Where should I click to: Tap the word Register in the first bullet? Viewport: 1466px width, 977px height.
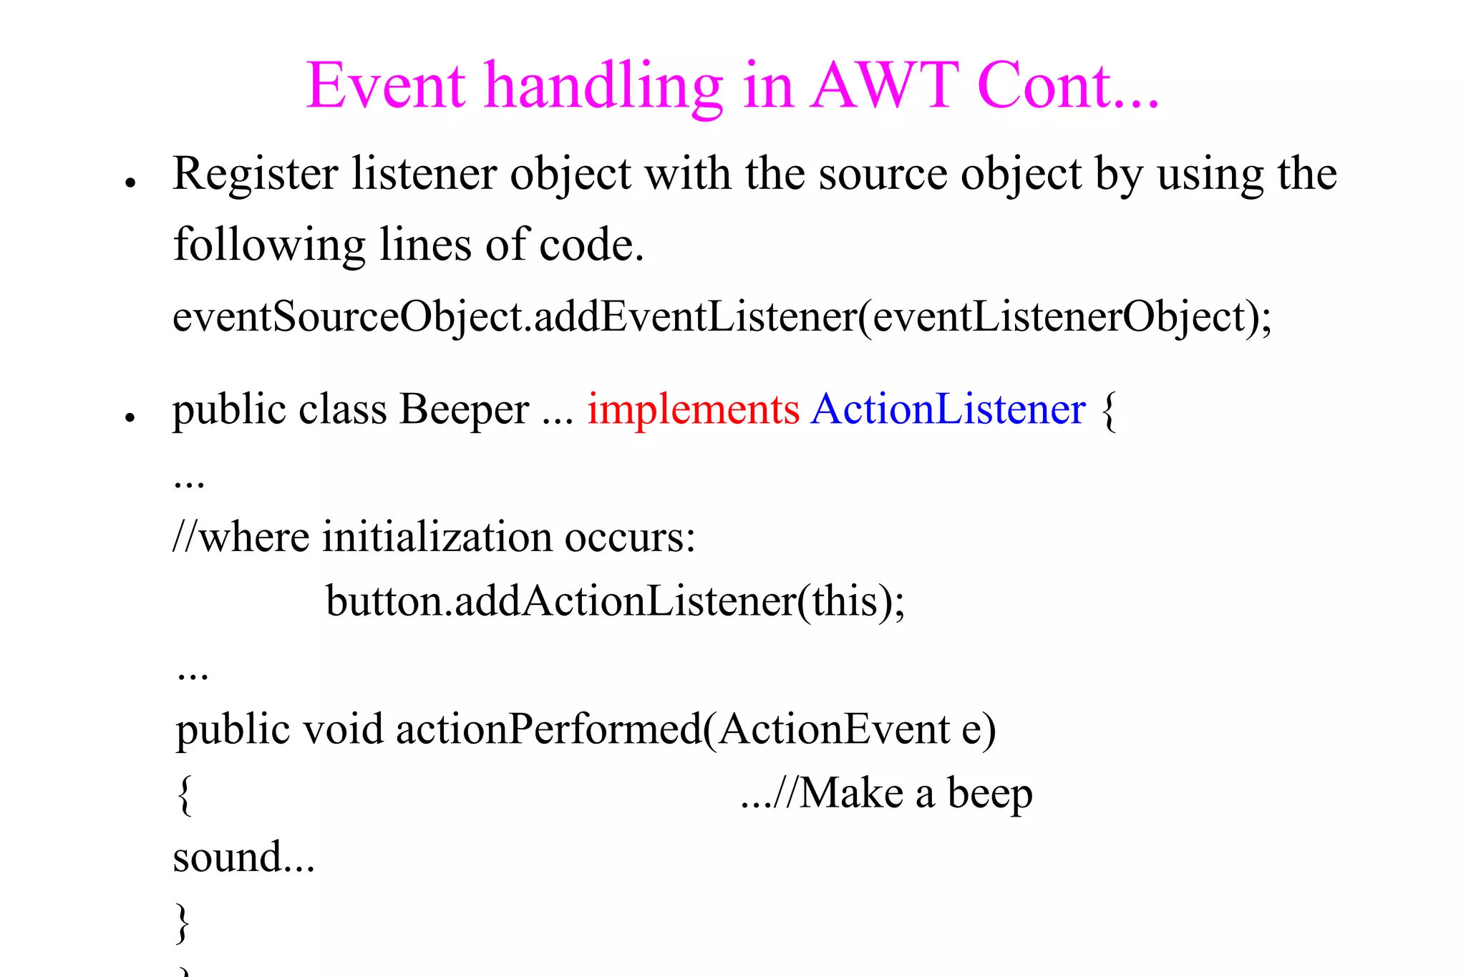[x=256, y=175]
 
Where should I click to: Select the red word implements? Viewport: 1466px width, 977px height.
[x=693, y=410]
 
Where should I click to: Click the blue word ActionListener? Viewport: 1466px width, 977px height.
[x=948, y=410]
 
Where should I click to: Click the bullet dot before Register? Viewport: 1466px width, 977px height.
[x=130, y=183]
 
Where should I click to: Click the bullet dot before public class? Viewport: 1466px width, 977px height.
[x=130, y=417]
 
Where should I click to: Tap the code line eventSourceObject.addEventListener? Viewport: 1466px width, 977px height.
[x=722, y=317]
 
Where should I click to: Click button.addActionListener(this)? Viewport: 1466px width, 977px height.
[x=616, y=601]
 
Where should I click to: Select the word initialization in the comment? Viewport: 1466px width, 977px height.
[x=437, y=538]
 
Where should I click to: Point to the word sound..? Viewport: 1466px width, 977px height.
[x=229, y=857]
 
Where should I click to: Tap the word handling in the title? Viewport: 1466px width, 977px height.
[x=603, y=87]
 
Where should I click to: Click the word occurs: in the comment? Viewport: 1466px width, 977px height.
[x=630, y=538]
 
